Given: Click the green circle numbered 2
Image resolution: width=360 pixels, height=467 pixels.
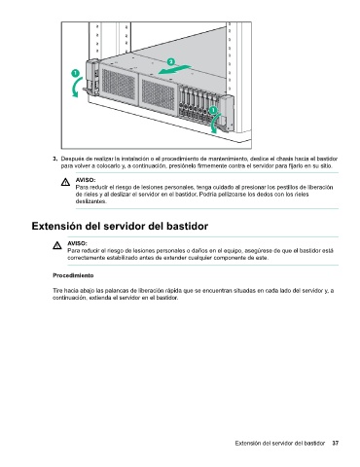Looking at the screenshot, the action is click(171, 61).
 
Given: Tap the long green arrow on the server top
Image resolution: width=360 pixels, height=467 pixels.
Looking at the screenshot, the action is click(174, 69).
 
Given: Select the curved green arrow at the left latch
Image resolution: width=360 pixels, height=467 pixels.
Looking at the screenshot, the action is click(77, 88).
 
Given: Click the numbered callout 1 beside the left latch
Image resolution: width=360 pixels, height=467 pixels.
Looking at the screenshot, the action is click(75, 73).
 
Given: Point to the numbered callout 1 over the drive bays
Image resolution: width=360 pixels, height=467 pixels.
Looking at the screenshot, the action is click(213, 110).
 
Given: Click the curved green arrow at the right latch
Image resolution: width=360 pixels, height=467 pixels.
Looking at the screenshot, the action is click(215, 124).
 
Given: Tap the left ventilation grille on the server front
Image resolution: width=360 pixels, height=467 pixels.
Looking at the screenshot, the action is click(119, 85).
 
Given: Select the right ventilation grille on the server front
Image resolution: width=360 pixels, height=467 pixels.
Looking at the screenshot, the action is click(158, 94).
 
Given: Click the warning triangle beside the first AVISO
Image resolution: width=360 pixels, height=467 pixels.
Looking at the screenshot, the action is click(65, 182).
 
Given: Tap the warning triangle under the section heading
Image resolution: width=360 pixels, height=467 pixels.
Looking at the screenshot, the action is click(57, 245).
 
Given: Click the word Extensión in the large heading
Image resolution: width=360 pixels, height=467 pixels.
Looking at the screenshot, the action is click(57, 226).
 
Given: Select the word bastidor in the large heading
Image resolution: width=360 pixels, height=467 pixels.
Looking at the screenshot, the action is click(187, 226).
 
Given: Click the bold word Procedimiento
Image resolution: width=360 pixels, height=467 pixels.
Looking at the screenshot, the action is click(73, 275).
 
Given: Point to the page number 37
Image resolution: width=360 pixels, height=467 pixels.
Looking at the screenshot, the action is click(336, 443).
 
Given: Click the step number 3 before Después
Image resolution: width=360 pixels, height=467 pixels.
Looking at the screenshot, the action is click(54, 159).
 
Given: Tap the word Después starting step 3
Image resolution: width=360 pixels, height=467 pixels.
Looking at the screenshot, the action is click(70, 159).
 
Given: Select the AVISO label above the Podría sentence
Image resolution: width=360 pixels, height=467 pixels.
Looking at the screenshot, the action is click(86, 180).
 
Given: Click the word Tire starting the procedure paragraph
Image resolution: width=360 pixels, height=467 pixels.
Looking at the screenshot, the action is click(57, 291).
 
